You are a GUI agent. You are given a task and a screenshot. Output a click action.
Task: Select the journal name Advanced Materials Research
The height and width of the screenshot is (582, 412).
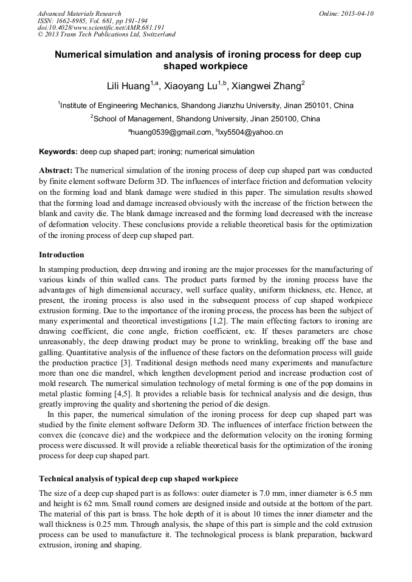coord(79,13)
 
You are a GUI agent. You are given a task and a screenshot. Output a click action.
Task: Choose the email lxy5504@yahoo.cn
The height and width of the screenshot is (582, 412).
coord(252,132)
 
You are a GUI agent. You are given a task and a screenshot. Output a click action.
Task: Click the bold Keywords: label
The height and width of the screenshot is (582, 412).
coord(58,152)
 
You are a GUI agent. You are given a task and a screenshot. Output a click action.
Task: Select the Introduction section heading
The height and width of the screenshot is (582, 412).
coord(61,254)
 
